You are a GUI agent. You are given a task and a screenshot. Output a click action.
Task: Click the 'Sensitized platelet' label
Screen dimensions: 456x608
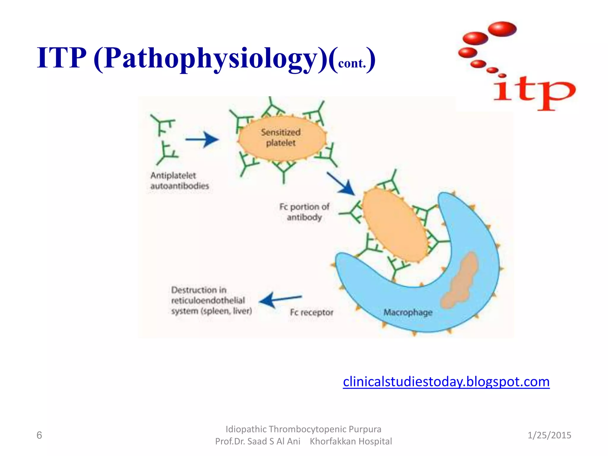(x=281, y=137)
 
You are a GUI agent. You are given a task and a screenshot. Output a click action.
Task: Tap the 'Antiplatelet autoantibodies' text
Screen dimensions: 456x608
(x=179, y=180)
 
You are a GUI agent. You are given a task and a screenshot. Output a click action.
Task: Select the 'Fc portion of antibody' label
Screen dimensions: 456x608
(x=304, y=212)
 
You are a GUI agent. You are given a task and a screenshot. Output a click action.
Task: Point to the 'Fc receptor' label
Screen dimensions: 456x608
(x=311, y=312)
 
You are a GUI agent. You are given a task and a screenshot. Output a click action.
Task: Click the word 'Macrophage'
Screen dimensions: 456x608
(x=408, y=312)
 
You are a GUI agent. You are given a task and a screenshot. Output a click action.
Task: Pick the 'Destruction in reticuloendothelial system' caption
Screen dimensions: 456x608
(x=211, y=300)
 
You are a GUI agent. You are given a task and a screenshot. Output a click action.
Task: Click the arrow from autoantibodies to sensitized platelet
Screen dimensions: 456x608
(x=202, y=139)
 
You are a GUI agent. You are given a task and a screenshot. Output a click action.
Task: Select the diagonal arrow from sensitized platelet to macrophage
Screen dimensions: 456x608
(x=341, y=184)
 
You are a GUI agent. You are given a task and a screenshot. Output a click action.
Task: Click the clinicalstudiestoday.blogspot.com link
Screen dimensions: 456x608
(x=446, y=382)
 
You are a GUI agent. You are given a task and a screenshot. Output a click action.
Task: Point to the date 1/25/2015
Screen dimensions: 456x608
(x=549, y=435)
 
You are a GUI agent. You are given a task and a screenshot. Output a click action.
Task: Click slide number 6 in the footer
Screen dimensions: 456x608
(x=39, y=435)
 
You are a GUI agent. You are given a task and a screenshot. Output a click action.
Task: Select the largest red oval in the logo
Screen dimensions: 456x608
(x=502, y=29)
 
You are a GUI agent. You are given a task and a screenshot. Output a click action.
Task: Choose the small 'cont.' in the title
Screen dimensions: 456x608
(x=352, y=63)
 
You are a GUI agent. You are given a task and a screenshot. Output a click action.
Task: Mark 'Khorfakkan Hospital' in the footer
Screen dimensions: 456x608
(x=351, y=441)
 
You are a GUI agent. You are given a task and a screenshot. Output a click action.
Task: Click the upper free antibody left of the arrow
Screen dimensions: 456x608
(x=163, y=125)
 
